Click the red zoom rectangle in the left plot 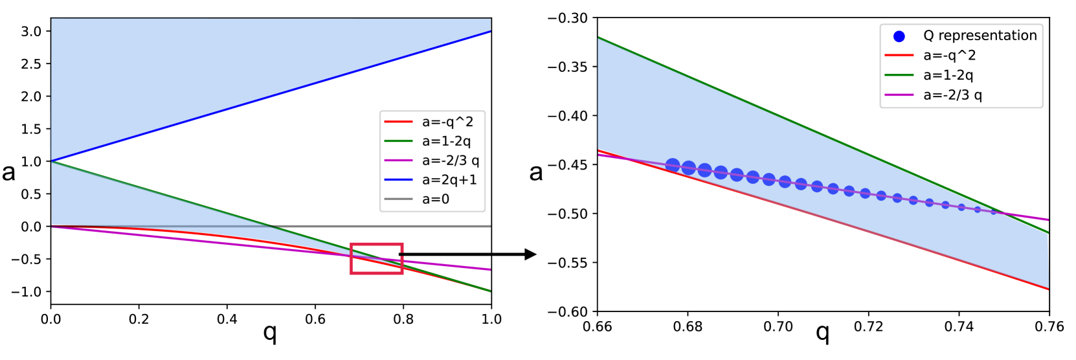coord(377,245)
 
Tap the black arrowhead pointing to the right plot coord(531,254)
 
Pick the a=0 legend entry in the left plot coord(417,199)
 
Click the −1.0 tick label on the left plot coord(28,292)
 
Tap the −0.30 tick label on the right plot coord(568,18)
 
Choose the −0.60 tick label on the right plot coord(568,312)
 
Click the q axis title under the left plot coord(270,333)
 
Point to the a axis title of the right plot coord(535,172)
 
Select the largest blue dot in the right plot coord(673,165)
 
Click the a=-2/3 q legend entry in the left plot coord(432,161)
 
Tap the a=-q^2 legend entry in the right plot coord(930,56)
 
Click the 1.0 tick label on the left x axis coord(491,319)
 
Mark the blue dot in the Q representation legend coord(899,36)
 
